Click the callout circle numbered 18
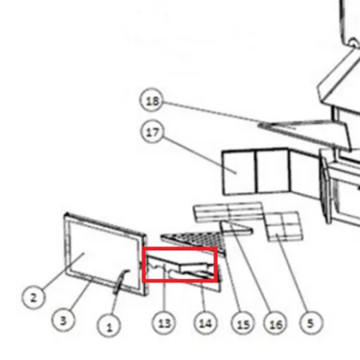coord(152,100)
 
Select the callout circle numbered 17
coord(152,131)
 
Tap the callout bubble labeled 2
coord(34,297)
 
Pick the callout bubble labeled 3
coord(63,320)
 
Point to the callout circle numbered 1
coord(109,326)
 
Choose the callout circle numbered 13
coord(164,323)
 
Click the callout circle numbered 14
coord(206,323)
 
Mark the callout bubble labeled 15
coord(243,323)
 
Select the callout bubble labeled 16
coord(275,323)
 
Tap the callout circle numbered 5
coord(310,322)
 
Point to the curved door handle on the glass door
coord(120,282)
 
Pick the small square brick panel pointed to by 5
coord(284,226)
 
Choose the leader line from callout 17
coord(199,155)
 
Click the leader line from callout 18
coord(229,114)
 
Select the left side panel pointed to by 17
coord(239,172)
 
